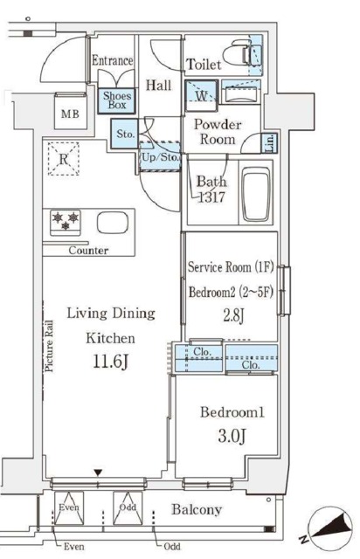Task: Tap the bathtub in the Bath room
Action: coord(255,194)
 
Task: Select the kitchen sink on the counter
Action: coord(113,223)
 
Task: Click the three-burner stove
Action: coord(66,223)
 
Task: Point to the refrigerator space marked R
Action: coord(64,159)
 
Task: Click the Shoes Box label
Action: coord(117,100)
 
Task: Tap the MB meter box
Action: coord(70,111)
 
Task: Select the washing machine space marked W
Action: coord(201,95)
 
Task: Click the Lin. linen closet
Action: coord(270,143)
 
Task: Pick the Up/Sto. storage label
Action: coord(160,157)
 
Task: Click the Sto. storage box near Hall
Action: coord(124,134)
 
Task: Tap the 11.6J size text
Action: coord(110,362)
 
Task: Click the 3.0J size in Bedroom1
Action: coord(232,436)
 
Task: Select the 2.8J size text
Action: coord(233,316)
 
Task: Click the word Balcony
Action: coord(197,510)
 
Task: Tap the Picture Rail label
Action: coord(49,347)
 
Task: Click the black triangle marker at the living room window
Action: coord(98,473)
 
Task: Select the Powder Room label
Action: coord(218,132)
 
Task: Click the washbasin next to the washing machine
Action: coord(241,93)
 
